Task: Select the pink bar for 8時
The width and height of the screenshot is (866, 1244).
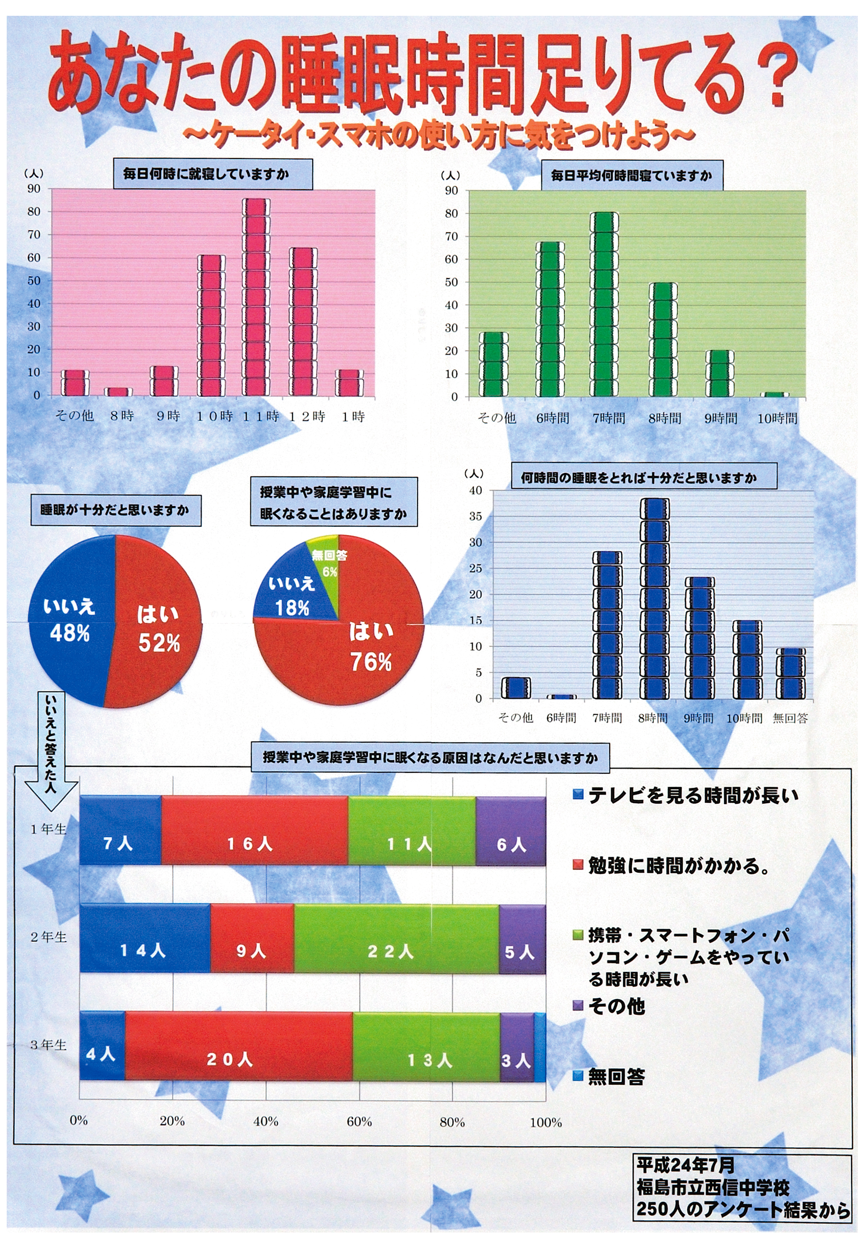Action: click(119, 391)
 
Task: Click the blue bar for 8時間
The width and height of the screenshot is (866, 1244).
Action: click(654, 598)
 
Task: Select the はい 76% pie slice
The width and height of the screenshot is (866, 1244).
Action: click(352, 650)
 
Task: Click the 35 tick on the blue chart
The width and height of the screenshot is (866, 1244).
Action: click(475, 516)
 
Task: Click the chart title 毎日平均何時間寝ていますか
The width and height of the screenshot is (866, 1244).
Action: click(631, 176)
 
